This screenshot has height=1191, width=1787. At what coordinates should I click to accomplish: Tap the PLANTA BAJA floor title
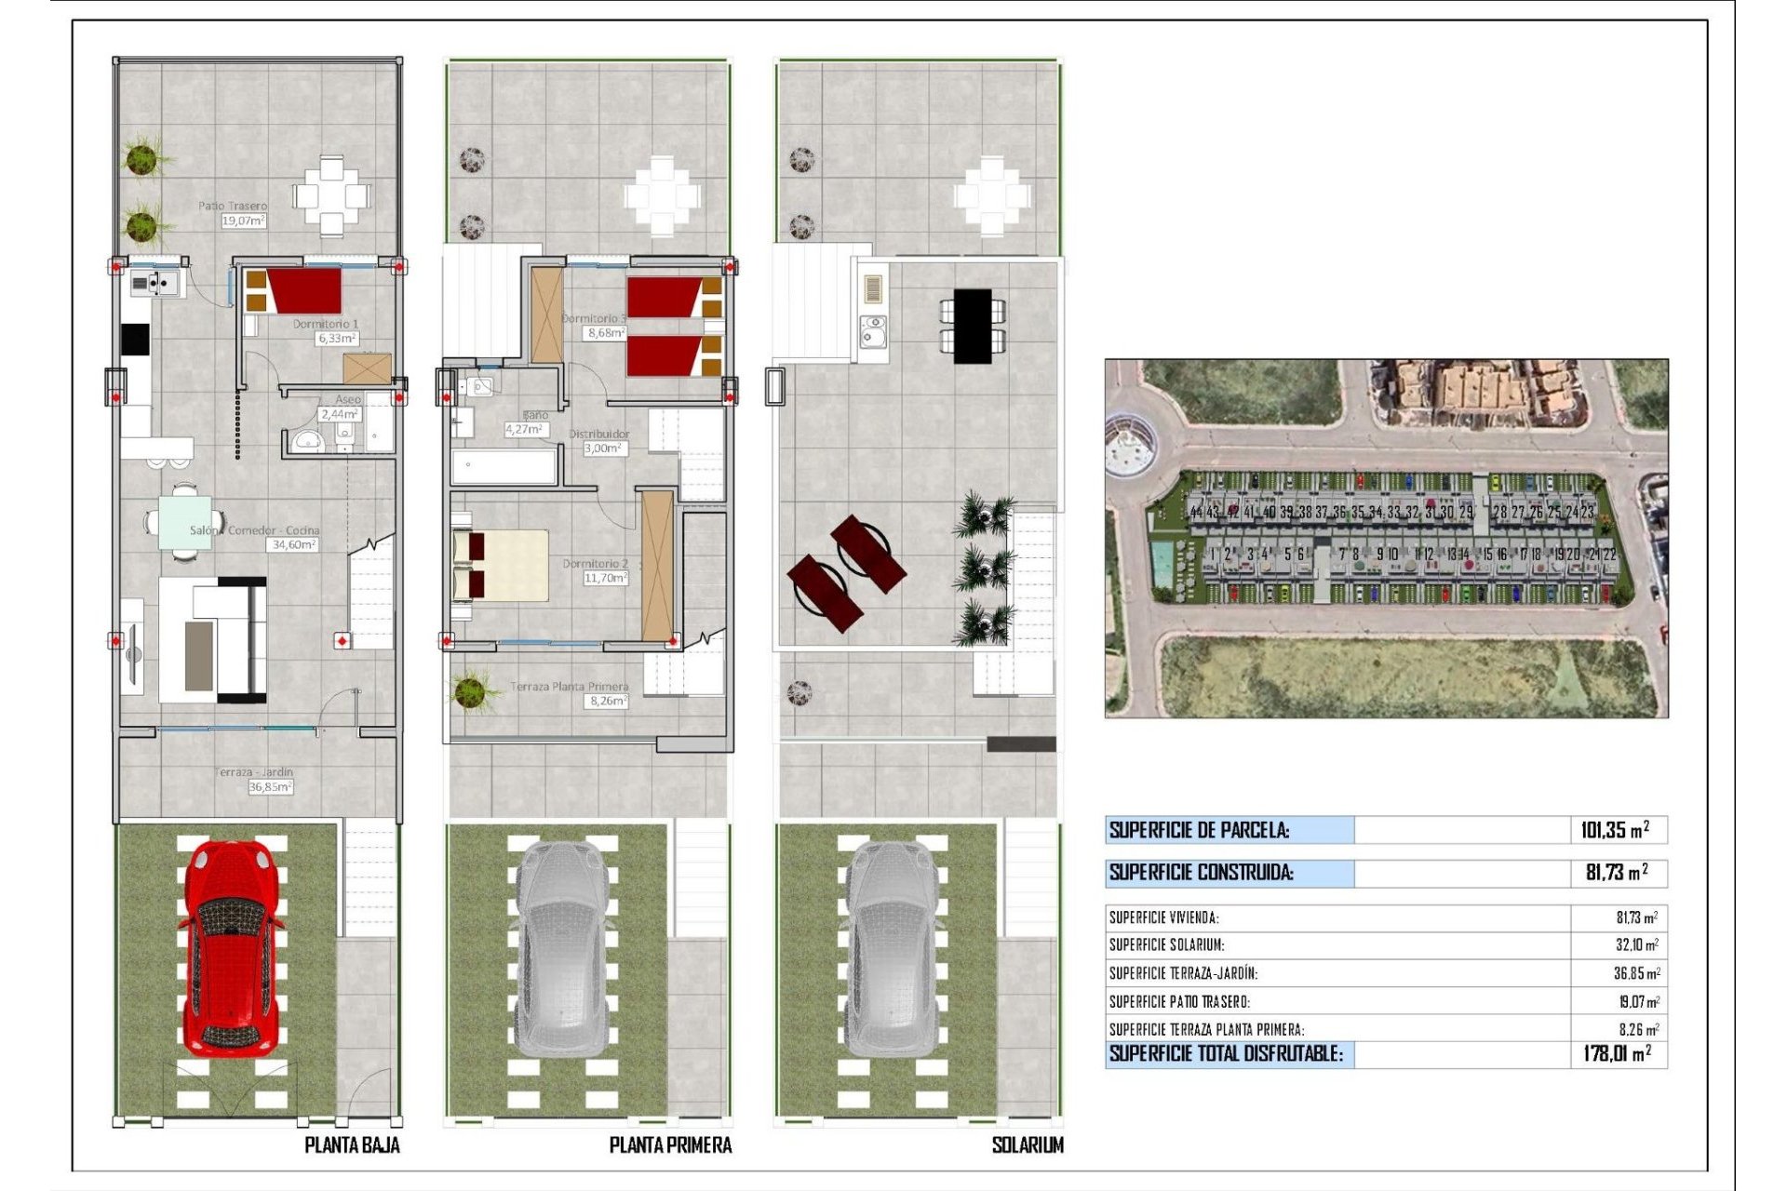tap(352, 1145)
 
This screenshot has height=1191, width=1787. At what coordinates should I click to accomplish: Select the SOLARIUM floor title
tap(1028, 1145)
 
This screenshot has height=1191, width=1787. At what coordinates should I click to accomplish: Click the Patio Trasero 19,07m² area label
tap(242, 221)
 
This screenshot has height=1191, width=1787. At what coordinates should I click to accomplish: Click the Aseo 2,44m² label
tap(340, 414)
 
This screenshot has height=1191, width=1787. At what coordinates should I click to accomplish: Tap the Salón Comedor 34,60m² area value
tap(293, 544)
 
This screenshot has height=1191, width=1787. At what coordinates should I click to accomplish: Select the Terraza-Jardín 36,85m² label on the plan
tap(270, 786)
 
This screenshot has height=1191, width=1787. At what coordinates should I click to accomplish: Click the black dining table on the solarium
tap(973, 326)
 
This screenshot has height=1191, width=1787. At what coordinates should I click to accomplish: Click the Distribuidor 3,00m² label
tap(602, 448)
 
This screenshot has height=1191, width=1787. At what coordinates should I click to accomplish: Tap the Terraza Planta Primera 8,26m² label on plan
tap(607, 701)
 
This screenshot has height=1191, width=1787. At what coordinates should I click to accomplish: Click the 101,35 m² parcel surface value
tap(1615, 830)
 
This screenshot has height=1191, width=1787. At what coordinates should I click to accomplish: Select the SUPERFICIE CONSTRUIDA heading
tap(1201, 873)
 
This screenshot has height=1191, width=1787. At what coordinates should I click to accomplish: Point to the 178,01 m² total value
tap(1617, 1054)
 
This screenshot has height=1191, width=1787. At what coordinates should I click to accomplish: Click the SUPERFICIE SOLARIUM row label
tap(1166, 945)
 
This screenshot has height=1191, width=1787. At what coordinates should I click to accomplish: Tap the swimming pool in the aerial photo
tap(1162, 562)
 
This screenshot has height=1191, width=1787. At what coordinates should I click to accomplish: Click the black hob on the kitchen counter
tap(135, 339)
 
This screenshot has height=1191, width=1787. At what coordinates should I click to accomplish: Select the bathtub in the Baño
tap(504, 467)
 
